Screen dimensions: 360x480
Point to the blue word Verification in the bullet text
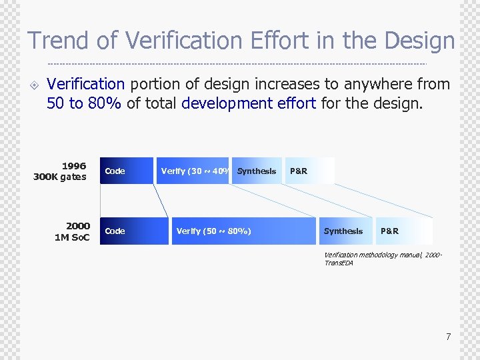click(86, 85)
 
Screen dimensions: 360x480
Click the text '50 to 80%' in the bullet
click(84, 103)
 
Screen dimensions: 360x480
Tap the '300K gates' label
click(60, 177)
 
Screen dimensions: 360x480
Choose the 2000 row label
click(77, 226)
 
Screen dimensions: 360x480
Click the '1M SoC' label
click(72, 237)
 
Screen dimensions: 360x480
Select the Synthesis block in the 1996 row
click(257, 171)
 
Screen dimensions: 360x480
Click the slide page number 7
click(448, 337)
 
